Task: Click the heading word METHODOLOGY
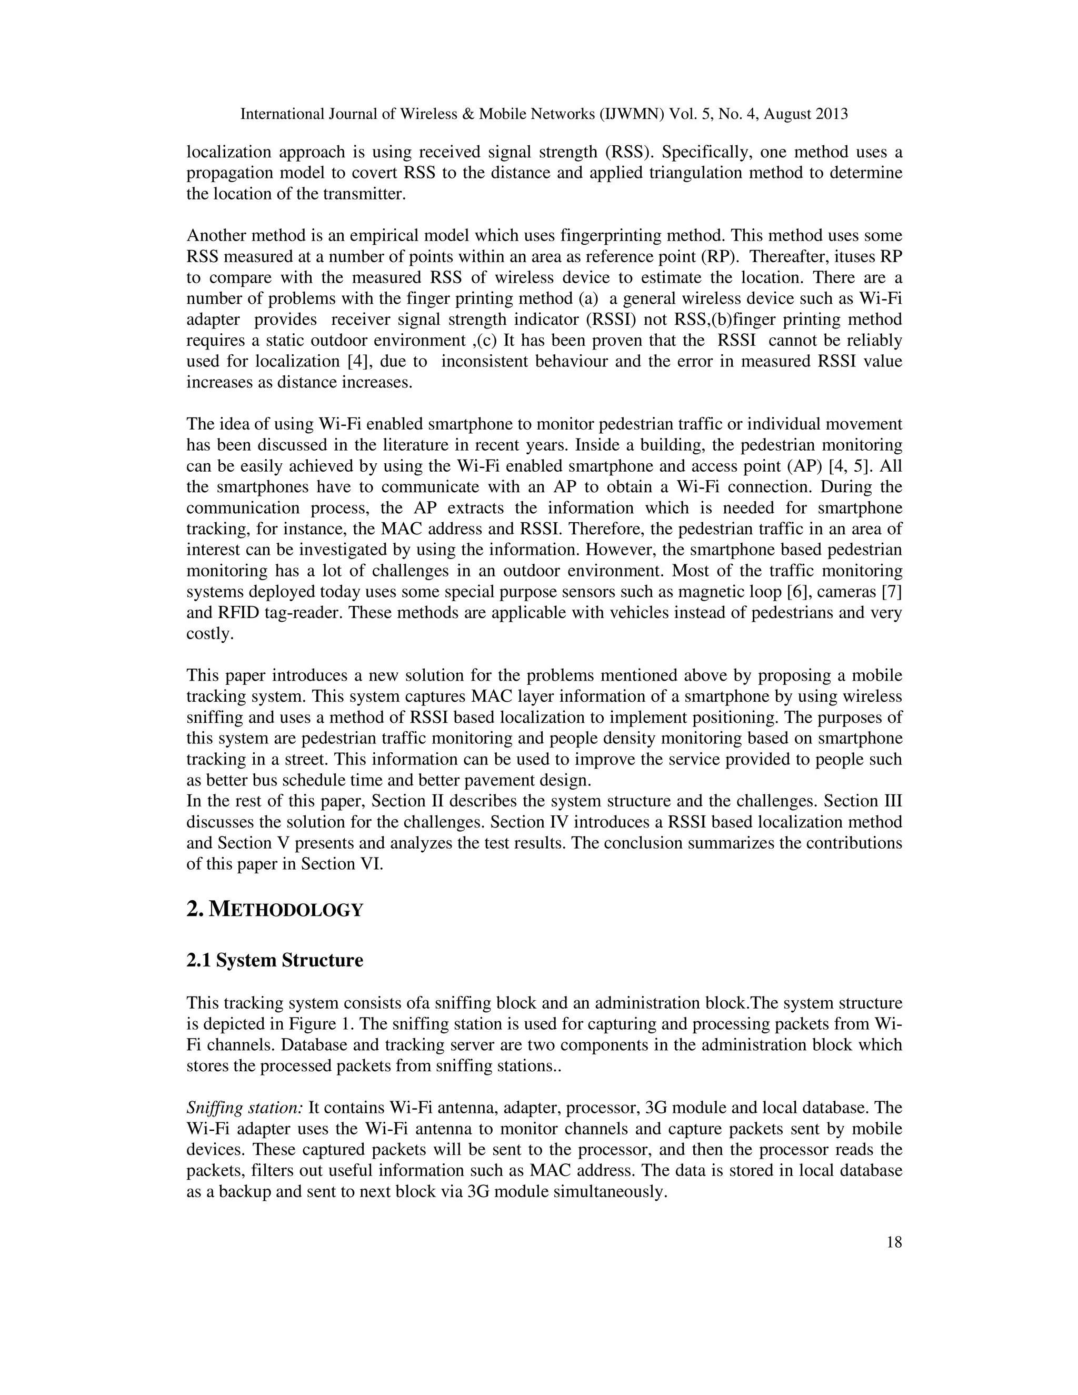pyautogui.click(x=286, y=910)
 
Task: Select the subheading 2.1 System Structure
pyautogui.click(x=275, y=961)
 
